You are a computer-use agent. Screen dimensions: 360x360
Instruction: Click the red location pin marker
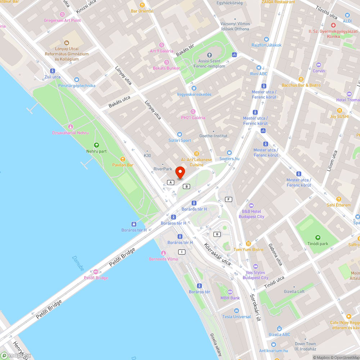point(180,172)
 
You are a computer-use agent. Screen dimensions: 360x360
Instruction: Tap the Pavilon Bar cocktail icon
point(122,159)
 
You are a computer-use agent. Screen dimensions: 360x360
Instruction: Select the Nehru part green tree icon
point(96,145)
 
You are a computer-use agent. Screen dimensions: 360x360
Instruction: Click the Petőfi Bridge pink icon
point(96,272)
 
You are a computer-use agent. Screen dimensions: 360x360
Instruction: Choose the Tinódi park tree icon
point(318,238)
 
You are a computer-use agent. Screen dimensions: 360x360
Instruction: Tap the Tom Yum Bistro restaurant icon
point(248,244)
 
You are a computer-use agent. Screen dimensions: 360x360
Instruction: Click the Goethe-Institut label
point(213,136)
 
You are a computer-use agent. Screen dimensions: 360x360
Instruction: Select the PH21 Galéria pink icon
point(193,112)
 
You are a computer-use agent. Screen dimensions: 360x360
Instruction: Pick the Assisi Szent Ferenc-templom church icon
point(209,55)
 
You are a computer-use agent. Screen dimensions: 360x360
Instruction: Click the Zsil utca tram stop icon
point(53,71)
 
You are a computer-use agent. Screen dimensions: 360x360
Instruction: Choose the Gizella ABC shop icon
point(279,328)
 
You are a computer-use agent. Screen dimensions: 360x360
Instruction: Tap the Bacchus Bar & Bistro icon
point(301,79)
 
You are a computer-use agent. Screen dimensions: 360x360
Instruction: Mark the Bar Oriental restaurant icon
point(142,5)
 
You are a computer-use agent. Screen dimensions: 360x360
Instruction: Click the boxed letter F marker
point(228,199)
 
